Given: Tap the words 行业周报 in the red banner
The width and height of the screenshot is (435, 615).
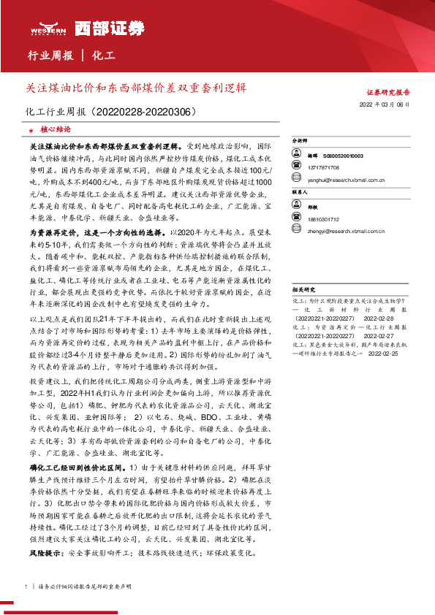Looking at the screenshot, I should [x=50, y=56].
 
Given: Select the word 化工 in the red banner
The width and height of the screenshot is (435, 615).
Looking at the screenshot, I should [x=104, y=56].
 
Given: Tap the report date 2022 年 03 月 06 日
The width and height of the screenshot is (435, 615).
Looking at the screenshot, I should [x=385, y=104].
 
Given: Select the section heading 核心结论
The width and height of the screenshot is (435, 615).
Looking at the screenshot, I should [x=55, y=128].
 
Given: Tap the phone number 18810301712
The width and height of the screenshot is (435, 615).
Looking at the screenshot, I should [x=323, y=219].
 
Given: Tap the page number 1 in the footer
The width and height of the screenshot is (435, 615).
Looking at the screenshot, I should [x=26, y=587].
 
